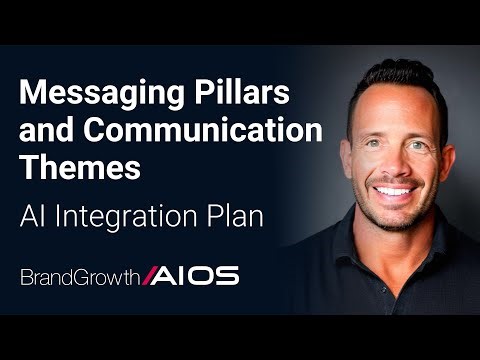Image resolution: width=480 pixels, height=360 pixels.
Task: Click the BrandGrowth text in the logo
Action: point(81,276)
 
